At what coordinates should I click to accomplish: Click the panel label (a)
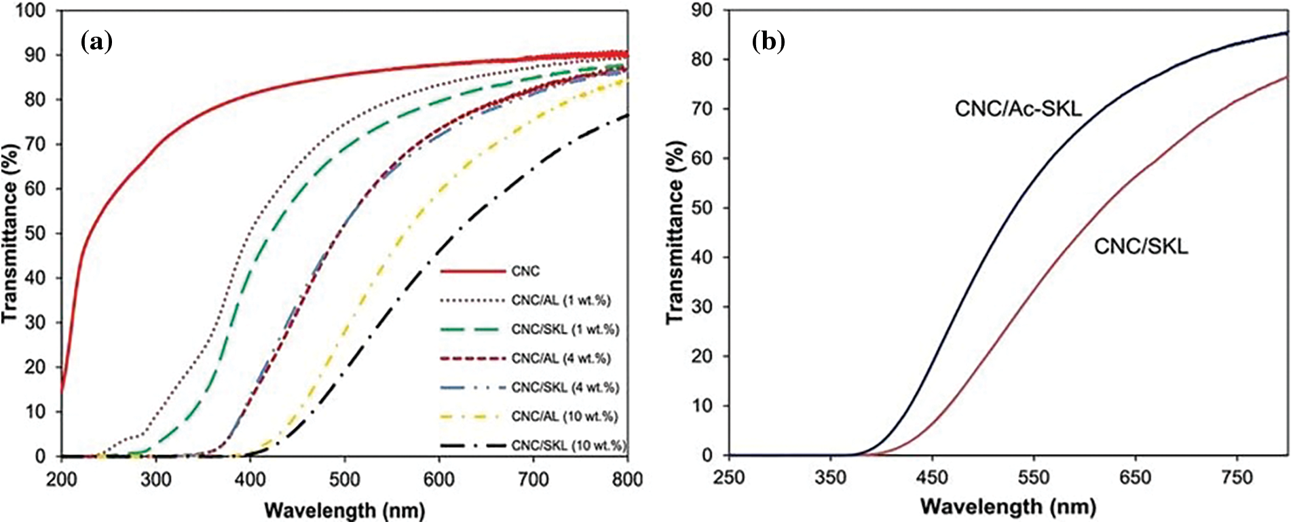pyautogui.click(x=96, y=42)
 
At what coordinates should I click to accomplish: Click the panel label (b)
pyautogui.click(x=768, y=42)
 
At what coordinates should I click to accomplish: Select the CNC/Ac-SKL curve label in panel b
pyautogui.click(x=1017, y=109)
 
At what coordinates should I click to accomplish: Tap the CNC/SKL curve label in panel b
pyautogui.click(x=1141, y=246)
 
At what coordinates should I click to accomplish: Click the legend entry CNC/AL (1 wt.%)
pyautogui.click(x=561, y=300)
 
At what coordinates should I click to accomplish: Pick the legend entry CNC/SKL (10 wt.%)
pyautogui.click(x=569, y=446)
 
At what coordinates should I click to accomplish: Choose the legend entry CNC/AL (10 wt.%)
pyautogui.click(x=565, y=416)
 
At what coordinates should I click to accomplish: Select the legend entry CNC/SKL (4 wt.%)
pyautogui.click(x=565, y=387)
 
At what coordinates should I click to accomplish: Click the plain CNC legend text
pyautogui.click(x=525, y=272)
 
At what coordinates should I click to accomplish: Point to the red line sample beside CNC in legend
pyautogui.click(x=472, y=272)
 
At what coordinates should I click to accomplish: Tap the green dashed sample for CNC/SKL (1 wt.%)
pyautogui.click(x=472, y=330)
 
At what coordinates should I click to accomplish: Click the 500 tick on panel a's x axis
pyautogui.click(x=345, y=480)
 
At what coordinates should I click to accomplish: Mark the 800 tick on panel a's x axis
pyautogui.click(x=626, y=480)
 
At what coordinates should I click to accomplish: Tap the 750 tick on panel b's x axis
pyautogui.click(x=1236, y=478)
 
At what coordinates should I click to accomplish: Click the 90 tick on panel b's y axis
pyautogui.click(x=704, y=10)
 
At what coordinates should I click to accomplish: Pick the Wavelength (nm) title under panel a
pyautogui.click(x=344, y=510)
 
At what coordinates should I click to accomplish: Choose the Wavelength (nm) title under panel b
pyautogui.click(x=1008, y=506)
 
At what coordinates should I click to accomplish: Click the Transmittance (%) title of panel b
pyautogui.click(x=676, y=232)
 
